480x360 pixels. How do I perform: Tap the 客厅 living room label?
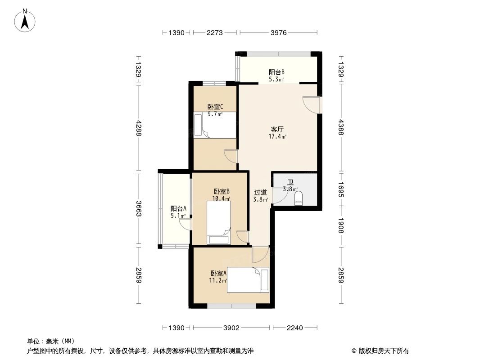tap(277, 129)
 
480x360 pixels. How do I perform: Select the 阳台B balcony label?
tap(276, 72)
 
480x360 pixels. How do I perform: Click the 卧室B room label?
tap(222, 191)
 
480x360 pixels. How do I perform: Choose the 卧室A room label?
tap(218, 273)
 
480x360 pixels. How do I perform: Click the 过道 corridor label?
tap(260, 192)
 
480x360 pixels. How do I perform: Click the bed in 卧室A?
tap(248, 280)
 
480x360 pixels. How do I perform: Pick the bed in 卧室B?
tap(218, 222)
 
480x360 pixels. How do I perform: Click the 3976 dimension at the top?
tap(278, 32)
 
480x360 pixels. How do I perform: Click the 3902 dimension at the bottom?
tap(231, 328)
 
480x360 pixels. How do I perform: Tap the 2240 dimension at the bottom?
tap(294, 328)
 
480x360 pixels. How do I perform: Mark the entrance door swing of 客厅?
tap(311, 105)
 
